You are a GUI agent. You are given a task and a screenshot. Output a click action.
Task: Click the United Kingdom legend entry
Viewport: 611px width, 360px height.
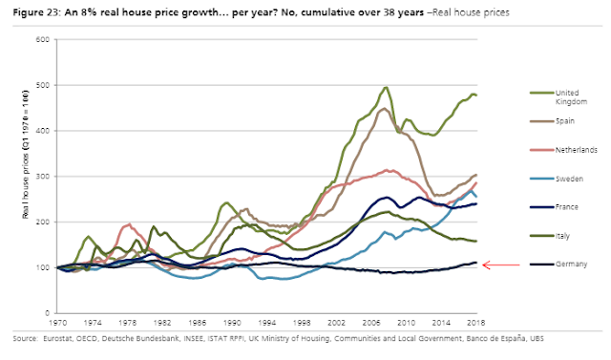click(558, 97)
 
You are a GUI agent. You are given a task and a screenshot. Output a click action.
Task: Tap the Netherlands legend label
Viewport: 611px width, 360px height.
click(577, 150)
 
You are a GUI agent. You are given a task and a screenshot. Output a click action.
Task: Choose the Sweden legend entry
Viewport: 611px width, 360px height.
click(557, 179)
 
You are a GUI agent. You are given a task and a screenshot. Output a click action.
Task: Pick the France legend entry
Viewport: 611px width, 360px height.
click(554, 207)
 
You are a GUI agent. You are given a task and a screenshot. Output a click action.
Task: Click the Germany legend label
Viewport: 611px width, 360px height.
click(571, 265)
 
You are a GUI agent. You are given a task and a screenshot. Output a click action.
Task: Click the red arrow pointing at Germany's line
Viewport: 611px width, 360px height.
click(501, 265)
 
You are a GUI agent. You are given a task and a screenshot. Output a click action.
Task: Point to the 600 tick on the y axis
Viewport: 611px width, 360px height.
click(44, 39)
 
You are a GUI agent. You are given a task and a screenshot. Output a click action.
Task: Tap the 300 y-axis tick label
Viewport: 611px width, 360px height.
click(44, 176)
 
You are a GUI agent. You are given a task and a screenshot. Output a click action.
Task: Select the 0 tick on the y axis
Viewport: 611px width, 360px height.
click(47, 313)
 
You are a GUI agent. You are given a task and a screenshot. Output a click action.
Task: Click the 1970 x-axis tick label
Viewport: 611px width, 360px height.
click(57, 323)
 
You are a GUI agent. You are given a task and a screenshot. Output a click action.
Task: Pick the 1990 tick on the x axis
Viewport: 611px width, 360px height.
click(232, 323)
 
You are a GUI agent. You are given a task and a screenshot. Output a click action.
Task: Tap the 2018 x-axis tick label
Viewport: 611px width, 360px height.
click(476, 323)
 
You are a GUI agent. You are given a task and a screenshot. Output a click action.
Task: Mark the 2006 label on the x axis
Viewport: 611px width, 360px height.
click(371, 323)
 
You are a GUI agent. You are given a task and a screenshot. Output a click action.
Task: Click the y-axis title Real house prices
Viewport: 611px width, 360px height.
click(26, 154)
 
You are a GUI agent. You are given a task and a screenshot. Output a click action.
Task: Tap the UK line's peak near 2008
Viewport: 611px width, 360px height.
click(386, 87)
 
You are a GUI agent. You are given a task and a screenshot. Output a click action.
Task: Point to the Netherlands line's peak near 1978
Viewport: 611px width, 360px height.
click(129, 224)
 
